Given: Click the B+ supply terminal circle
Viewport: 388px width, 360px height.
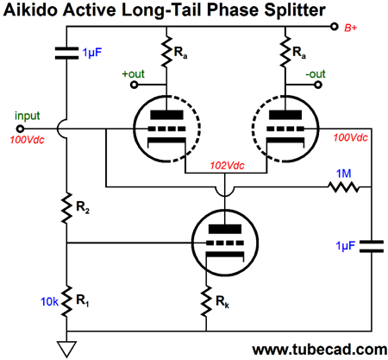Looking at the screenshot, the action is [334, 27].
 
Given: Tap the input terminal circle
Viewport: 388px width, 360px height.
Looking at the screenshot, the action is [20, 129].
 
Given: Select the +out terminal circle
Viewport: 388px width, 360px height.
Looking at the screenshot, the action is [134, 85].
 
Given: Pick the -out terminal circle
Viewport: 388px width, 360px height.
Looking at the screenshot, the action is [317, 85].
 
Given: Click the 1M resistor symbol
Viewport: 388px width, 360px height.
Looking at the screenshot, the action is [344, 187].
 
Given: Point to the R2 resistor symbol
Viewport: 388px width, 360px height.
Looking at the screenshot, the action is [66, 208].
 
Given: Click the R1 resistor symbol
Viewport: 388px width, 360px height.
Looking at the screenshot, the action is [66, 301].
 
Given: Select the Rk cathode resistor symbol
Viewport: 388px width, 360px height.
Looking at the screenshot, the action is [206, 301].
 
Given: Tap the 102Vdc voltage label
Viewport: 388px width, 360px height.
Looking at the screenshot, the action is [227, 166].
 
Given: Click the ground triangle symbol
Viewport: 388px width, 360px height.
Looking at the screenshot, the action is [66, 349].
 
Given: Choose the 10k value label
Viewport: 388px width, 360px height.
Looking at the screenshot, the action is [49, 301].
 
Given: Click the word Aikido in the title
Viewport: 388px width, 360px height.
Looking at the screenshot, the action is [31, 10].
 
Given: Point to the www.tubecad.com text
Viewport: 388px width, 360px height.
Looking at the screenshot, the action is [320, 350].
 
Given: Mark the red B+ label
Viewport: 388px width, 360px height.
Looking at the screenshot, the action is [351, 28].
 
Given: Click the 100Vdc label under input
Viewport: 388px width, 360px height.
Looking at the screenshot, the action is [28, 140].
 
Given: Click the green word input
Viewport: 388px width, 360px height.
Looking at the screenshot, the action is [28, 116].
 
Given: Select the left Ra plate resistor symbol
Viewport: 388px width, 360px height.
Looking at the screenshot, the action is [166, 52].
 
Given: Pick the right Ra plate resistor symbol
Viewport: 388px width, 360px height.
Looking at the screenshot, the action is [285, 52].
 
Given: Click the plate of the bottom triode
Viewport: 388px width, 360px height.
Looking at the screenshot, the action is [225, 229].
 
